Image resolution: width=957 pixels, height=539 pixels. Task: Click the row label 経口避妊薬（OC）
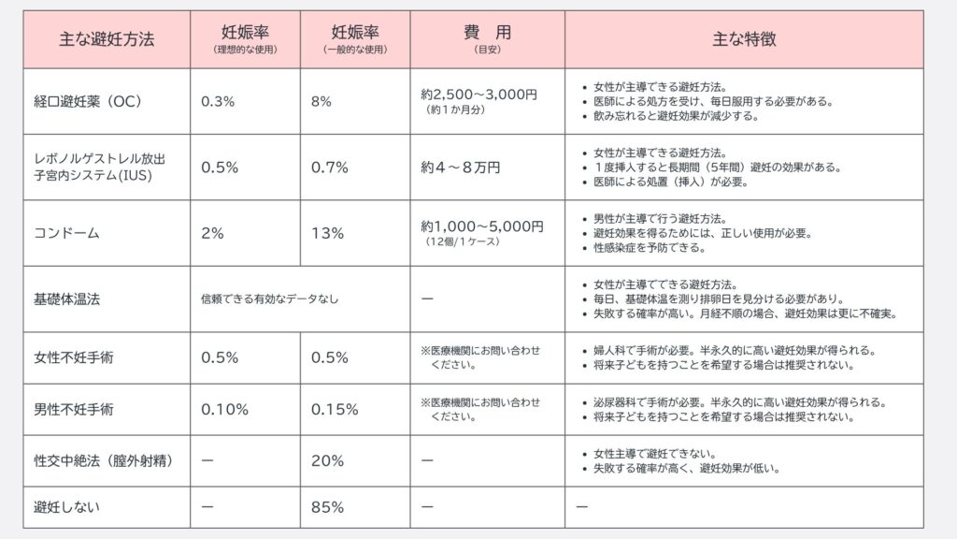tap(87, 101)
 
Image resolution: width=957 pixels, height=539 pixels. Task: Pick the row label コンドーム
tap(65, 233)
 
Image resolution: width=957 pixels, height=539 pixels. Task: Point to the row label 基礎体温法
tap(65, 299)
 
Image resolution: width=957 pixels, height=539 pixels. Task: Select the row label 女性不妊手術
tap(73, 357)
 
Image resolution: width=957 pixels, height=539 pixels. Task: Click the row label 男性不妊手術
tap(73, 409)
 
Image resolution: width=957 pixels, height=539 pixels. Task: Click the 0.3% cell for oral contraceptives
tap(218, 101)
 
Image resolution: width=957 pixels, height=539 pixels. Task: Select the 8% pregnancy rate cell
tap(321, 101)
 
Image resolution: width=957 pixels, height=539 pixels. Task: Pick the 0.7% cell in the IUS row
tap(329, 168)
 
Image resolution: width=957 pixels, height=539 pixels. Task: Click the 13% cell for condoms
tap(327, 233)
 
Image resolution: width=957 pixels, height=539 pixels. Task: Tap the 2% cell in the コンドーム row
tap(212, 233)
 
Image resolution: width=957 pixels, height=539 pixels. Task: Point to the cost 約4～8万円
tap(460, 168)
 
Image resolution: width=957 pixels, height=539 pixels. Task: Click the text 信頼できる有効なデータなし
tap(269, 299)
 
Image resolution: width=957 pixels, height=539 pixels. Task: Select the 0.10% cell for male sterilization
tap(224, 409)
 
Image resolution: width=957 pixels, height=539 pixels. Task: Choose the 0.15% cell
tap(335, 409)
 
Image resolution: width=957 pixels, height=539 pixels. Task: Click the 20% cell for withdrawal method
tap(327, 460)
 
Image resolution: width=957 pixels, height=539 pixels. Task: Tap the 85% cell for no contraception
tap(327, 507)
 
